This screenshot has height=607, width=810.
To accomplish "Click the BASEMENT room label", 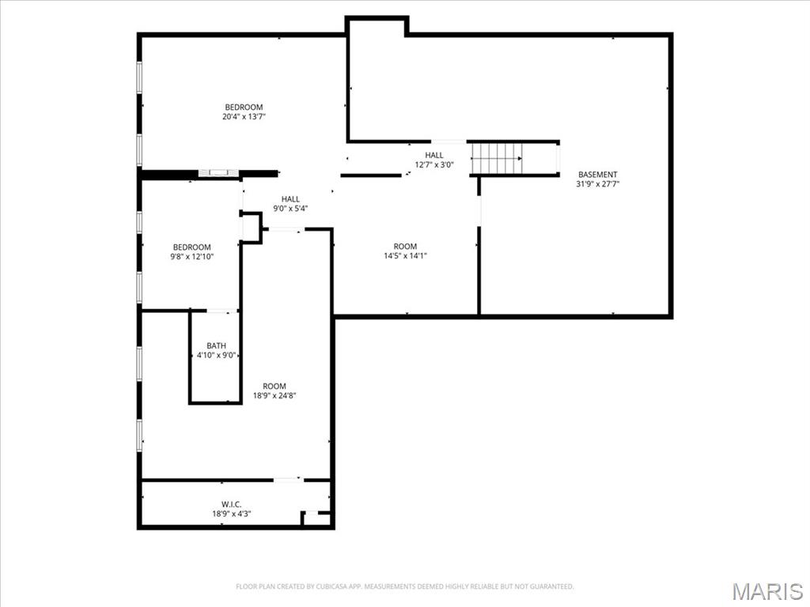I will (x=597, y=175).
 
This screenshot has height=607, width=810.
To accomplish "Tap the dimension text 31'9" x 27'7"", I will (x=597, y=185).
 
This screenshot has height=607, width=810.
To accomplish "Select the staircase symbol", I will (x=497, y=158).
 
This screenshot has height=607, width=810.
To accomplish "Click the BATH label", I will (x=216, y=345).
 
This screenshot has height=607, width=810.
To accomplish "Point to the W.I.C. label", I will (x=231, y=504).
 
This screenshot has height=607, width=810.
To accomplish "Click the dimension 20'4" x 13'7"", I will (x=243, y=117).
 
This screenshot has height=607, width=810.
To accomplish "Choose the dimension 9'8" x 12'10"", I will (x=192, y=257).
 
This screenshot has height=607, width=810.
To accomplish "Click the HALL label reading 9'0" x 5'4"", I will (x=290, y=199).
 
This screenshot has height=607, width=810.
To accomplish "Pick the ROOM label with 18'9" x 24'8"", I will (x=269, y=386).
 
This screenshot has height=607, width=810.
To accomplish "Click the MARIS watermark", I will (x=766, y=591).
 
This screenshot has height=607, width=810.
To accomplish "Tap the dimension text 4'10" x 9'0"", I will (x=216, y=356).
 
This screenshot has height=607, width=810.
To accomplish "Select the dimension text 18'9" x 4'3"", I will (x=231, y=515).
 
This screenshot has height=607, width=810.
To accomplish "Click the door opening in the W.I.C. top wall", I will (x=287, y=479).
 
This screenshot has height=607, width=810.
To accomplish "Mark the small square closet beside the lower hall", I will (x=251, y=227).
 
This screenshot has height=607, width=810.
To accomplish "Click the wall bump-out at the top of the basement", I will (x=377, y=26).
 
